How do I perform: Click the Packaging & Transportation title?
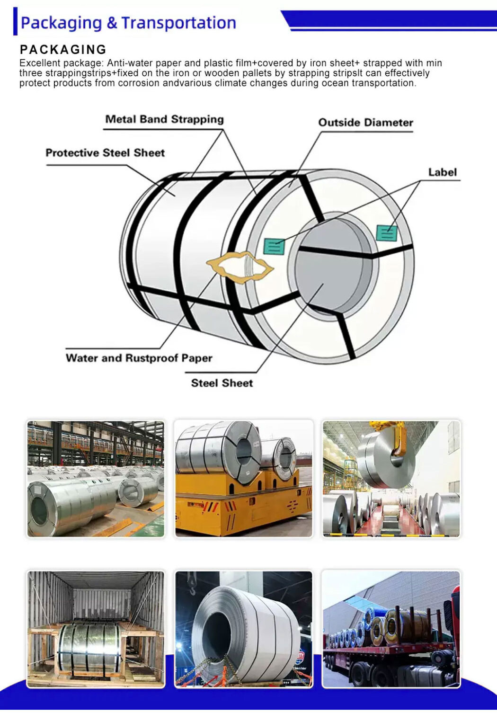pyautogui.click(x=128, y=23)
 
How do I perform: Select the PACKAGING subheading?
pyautogui.click(x=63, y=49)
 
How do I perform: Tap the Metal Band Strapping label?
pyautogui.click(x=164, y=119)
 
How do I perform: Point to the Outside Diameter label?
pyautogui.click(x=365, y=123)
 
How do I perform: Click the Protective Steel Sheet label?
pyautogui.click(x=105, y=153)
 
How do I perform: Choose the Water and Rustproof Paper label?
pyautogui.click(x=139, y=358)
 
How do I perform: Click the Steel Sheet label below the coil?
pyautogui.click(x=222, y=383)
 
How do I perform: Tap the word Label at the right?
pyautogui.click(x=442, y=172)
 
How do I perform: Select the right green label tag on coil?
pyautogui.click(x=386, y=232)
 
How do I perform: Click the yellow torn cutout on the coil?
pyautogui.click(x=240, y=268)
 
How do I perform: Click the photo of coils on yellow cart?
pyautogui.click(x=243, y=478)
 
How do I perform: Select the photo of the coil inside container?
pyautogui.click(x=96, y=629)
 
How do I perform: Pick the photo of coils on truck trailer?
pyautogui.click(x=390, y=629)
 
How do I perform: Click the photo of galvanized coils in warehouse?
pyautogui.click(x=96, y=478)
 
